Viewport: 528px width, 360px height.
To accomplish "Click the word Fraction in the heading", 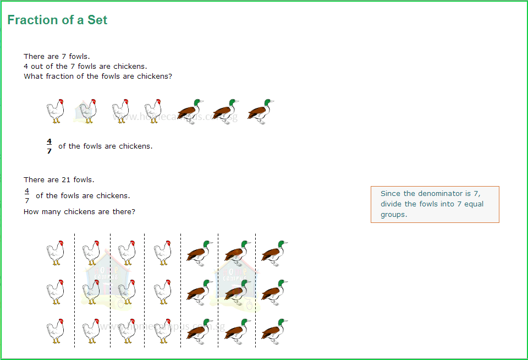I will coord(32,20).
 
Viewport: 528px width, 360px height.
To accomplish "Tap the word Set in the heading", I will coord(97,20).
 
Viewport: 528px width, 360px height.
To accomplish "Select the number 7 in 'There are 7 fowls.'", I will coord(71,56).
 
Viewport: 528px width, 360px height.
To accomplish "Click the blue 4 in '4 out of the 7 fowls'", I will coord(26,66).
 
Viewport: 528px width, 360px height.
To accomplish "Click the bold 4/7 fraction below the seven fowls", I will coord(49,146).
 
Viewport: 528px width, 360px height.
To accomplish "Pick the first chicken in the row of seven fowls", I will coord(55,112).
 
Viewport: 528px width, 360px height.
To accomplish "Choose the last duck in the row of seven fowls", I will coord(260,111).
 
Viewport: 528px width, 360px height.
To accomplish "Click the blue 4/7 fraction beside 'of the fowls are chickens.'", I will coord(27,195).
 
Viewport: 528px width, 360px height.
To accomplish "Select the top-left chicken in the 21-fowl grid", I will coord(55,253).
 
